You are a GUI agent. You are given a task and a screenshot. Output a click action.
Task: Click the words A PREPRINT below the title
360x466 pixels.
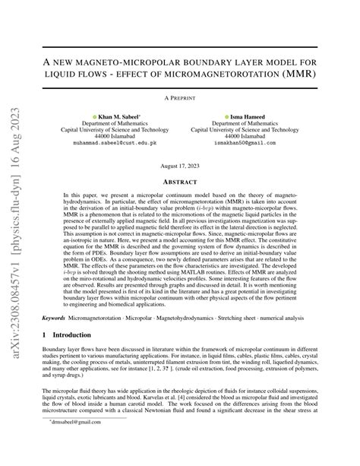tap(179, 98)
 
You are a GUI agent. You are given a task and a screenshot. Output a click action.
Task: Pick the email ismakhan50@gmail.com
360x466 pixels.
tap(241, 143)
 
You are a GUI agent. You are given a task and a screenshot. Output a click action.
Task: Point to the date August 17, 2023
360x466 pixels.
tap(179, 166)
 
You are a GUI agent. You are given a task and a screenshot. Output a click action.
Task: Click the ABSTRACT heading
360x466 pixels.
tap(179, 182)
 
